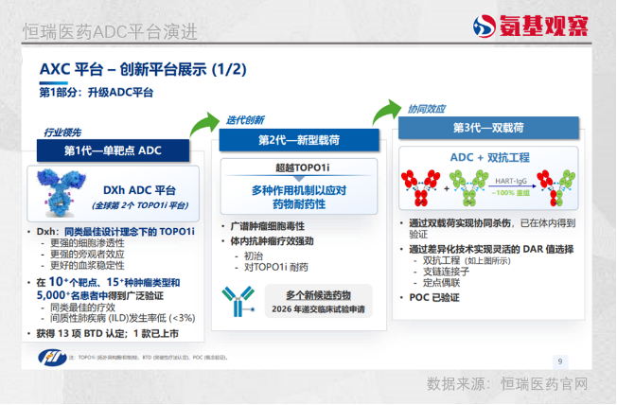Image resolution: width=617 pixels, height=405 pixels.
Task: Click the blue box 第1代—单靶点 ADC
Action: [113, 150]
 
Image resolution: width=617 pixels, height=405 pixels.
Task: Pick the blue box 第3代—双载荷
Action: [475, 128]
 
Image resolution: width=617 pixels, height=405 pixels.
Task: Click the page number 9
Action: [559, 361]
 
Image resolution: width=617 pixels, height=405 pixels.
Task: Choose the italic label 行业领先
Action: [62, 132]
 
